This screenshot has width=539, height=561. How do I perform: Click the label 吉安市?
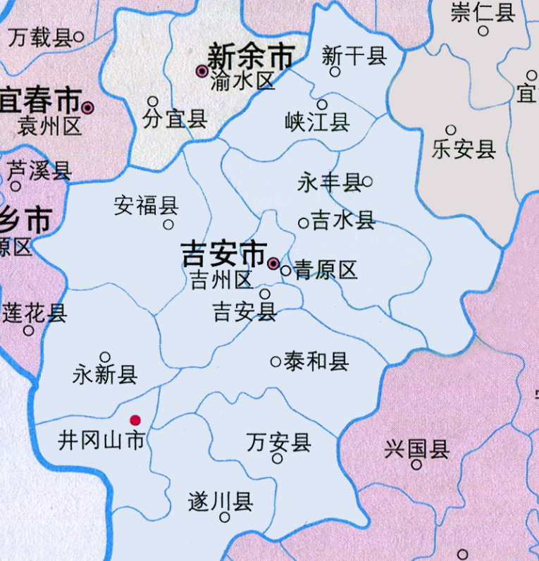[223, 254]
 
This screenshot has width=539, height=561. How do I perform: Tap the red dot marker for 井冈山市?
[135, 420]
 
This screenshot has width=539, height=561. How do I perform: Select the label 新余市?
[250, 57]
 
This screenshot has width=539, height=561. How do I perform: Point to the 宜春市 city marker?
[87, 108]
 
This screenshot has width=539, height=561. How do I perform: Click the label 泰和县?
[316, 362]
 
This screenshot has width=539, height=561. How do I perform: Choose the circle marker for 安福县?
[168, 225]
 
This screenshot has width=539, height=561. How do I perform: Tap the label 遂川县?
[221, 502]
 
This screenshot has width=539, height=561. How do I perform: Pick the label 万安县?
[279, 443]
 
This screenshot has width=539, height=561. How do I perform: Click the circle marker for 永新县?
[105, 357]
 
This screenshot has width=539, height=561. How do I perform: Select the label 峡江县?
[317, 122]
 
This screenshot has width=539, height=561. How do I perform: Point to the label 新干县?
[354, 56]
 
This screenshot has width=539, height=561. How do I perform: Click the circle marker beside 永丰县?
[367, 181]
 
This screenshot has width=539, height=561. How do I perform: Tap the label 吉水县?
[343, 221]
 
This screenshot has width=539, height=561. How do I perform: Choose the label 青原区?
[326, 270]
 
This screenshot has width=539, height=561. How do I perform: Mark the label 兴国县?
[416, 448]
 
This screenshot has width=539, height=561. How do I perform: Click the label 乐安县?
[464, 149]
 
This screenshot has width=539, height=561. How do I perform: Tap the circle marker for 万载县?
[79, 36]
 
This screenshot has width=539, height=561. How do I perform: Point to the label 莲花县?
[35, 312]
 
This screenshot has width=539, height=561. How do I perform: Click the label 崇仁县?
[483, 13]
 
